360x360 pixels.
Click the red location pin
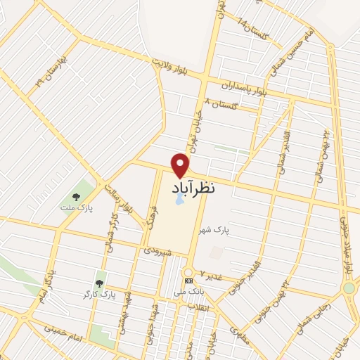(x=181, y=165)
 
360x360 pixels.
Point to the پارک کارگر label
(x=98, y=295)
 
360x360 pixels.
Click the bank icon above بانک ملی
(x=188, y=280)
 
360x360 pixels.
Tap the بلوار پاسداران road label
(x=243, y=88)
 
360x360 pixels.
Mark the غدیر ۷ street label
(x=211, y=274)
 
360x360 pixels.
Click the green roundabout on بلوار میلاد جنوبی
(x=349, y=288)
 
